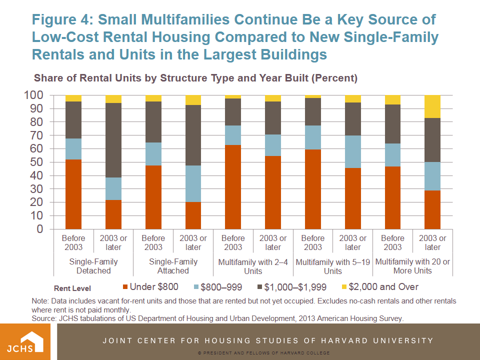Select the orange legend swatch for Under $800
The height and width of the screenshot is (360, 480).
pos(124,287)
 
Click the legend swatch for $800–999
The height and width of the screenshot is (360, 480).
pos(195,287)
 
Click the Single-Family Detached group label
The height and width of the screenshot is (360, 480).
pos(93,266)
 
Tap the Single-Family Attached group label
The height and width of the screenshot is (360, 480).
pos(173,266)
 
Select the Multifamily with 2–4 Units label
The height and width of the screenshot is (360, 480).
pos(253,266)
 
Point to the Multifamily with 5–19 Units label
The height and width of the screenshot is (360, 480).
pos(333,266)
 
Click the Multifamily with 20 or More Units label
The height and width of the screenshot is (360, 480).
pos(412,266)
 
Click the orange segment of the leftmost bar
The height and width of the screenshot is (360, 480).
pos(73,194)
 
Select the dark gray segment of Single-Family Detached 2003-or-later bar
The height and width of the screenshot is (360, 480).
pos(113,140)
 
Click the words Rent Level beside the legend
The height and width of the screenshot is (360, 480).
pos(72,288)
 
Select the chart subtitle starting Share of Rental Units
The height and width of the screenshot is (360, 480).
pos(195,78)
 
